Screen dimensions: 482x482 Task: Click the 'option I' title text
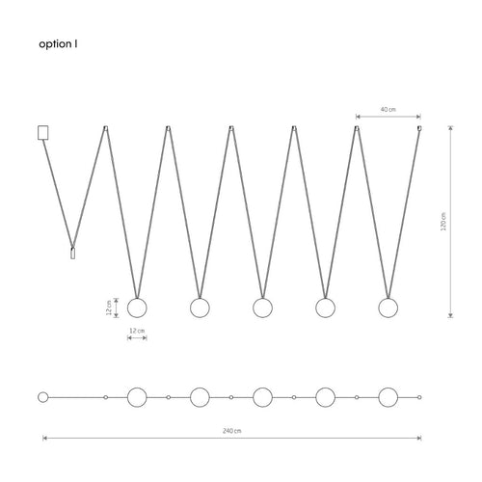(58, 44)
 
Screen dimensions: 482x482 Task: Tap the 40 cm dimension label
(388, 109)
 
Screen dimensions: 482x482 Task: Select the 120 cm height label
(443, 222)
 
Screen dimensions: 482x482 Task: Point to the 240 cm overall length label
(232, 431)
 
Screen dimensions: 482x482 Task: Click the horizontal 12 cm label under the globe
(137, 331)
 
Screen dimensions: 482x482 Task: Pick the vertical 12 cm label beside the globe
(109, 308)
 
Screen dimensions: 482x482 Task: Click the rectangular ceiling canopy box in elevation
(43, 133)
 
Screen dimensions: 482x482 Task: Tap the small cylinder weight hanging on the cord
(73, 253)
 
